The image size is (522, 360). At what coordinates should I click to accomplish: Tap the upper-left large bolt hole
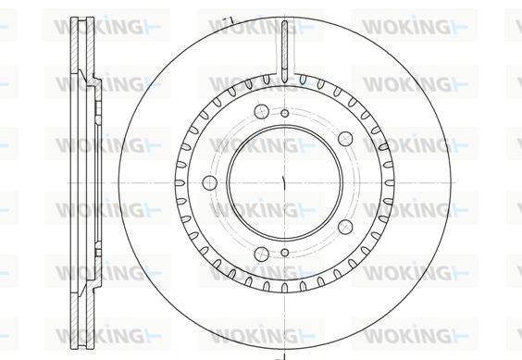261,111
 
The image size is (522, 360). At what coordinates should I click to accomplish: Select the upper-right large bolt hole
345,139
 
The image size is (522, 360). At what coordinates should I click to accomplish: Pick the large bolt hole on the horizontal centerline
210,182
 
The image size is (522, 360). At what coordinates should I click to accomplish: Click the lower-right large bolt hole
345,227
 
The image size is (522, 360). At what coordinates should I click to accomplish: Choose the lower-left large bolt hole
261,254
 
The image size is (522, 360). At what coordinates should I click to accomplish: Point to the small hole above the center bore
285,113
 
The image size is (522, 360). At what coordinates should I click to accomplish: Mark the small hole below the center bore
285,253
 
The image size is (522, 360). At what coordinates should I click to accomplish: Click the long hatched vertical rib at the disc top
285,52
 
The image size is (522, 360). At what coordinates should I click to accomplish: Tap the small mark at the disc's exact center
283,183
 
